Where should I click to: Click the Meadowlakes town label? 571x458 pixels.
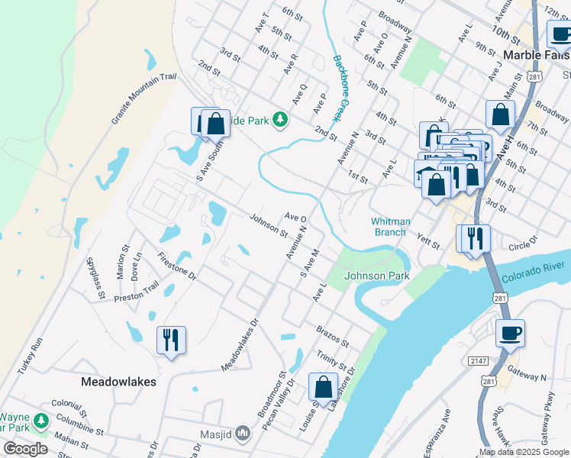(119, 381)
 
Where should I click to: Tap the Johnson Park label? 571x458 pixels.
(377, 276)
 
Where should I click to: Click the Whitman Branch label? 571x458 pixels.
(391, 227)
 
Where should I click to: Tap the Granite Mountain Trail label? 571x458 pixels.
(144, 99)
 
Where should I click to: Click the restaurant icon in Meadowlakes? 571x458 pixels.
(171, 339)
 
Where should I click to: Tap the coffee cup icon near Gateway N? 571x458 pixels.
(510, 333)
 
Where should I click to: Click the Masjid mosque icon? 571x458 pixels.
(244, 433)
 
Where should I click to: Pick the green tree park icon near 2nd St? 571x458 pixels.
(281, 120)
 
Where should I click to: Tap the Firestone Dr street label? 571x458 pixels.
(176, 265)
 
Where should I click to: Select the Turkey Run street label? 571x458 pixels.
(31, 358)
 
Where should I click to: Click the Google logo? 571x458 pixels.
(26, 449)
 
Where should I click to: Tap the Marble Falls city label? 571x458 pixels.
(537, 55)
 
